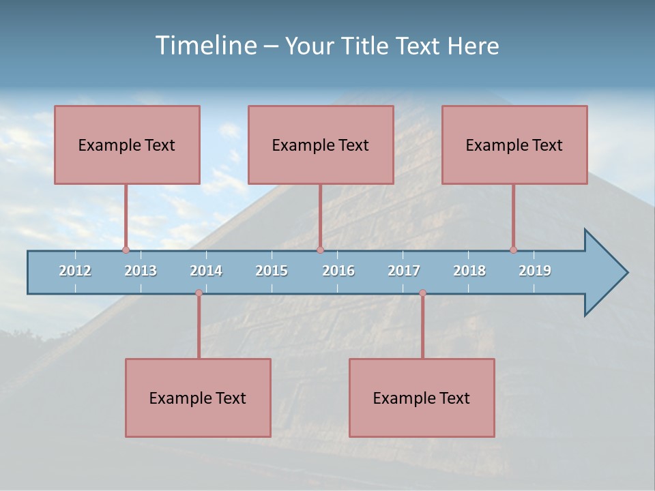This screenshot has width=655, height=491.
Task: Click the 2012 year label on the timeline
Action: point(75,271)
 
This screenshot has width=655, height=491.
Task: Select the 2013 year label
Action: point(141,271)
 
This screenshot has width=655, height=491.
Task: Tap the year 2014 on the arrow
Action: point(206,271)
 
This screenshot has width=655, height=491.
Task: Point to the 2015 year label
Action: point(272,271)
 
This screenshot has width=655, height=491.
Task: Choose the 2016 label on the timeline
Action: point(338,271)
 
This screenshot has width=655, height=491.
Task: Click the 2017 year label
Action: point(404,271)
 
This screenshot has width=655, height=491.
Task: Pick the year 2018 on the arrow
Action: point(469,271)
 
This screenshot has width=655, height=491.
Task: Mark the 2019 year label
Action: point(535,271)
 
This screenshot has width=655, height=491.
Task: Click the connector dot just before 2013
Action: point(126,250)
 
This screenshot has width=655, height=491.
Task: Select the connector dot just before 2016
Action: point(320,250)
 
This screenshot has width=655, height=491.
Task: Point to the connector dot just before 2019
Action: point(513,250)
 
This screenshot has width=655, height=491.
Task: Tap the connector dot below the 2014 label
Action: point(199,293)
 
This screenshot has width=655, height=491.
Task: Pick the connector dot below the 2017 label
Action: point(422,293)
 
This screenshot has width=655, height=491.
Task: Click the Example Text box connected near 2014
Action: point(198,398)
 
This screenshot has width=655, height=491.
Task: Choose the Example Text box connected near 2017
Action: point(422,398)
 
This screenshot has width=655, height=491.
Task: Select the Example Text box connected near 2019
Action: point(514,145)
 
